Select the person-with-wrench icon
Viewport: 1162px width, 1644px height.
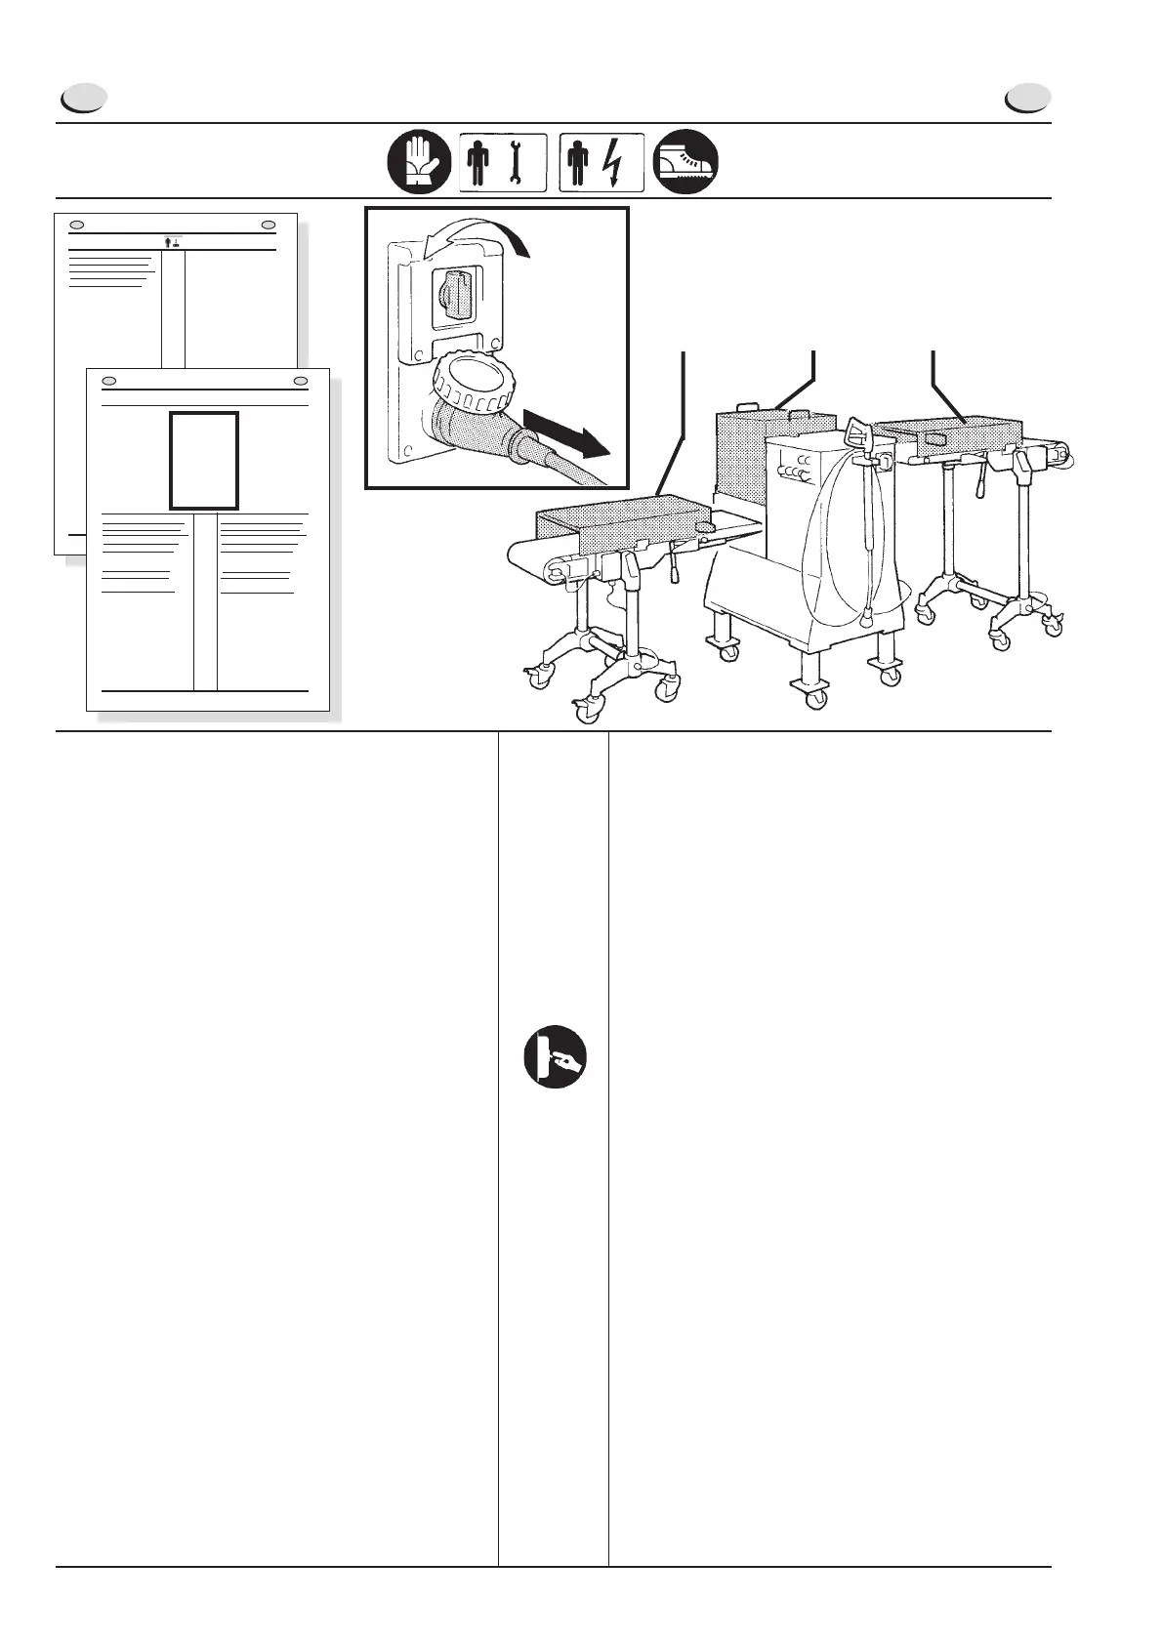click(503, 161)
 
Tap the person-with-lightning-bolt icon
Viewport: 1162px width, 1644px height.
click(602, 161)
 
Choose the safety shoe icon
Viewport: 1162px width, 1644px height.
click(686, 161)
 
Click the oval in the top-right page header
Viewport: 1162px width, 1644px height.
click(1028, 99)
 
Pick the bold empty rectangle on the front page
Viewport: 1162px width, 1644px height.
click(204, 460)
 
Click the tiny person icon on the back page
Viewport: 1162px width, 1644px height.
click(173, 241)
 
